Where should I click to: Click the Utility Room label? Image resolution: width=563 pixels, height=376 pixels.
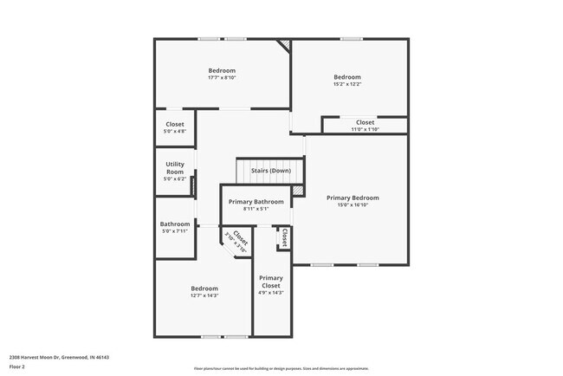pos(175,167)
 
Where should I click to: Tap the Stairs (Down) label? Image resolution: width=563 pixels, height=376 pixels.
pos(270,171)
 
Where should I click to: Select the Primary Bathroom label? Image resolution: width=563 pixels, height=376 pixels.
pos(256,202)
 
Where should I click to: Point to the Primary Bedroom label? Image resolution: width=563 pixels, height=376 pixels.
pos(353,198)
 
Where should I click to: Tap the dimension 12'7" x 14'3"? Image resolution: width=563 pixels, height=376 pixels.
pos(204,295)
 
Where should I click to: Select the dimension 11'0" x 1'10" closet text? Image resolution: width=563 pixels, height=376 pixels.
pos(365,129)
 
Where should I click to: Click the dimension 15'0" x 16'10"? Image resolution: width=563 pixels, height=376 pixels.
pos(353,205)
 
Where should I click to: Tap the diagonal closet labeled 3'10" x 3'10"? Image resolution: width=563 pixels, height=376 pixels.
pos(236,239)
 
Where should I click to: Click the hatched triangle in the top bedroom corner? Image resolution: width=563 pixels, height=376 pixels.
pos(282,46)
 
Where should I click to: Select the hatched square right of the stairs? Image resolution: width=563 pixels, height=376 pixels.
pos(297,190)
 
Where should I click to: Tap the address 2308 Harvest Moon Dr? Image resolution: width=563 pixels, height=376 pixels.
pos(59,357)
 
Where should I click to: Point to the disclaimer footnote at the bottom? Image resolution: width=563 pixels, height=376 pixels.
pos(281,368)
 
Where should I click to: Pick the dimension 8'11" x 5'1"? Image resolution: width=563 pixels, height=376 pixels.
pos(256,209)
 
